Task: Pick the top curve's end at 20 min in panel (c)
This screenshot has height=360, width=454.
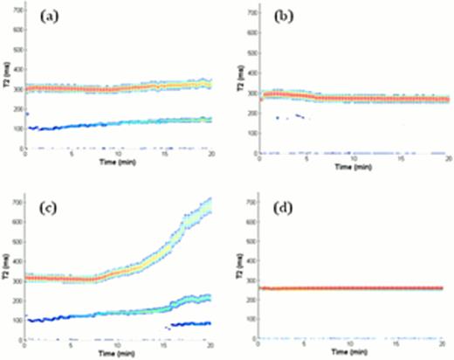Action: [210, 206]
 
